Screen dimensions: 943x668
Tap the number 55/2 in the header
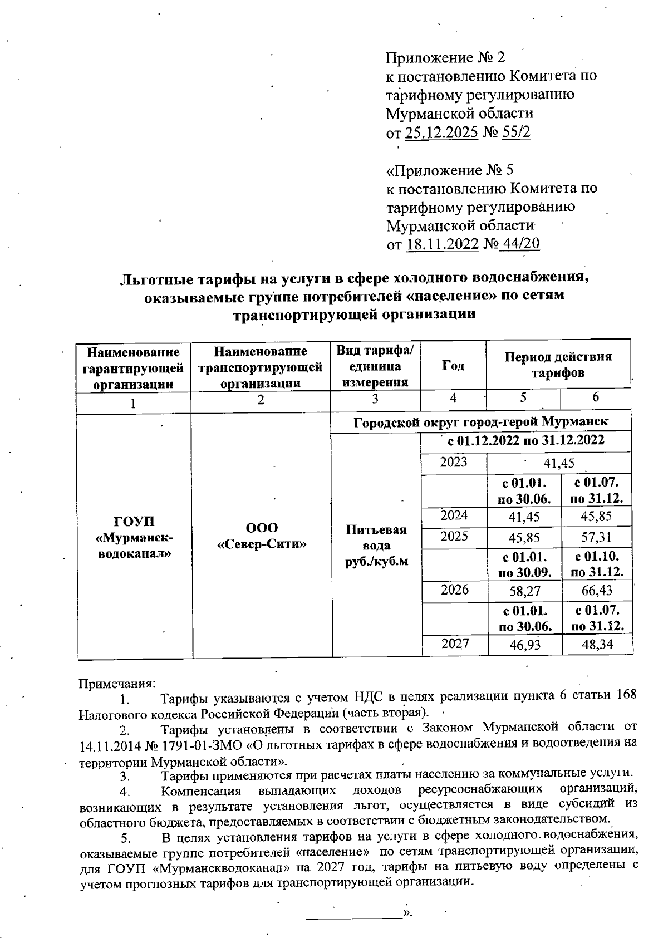coord(517,133)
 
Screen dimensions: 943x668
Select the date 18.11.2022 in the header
coord(443,244)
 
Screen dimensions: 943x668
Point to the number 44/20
coord(520,244)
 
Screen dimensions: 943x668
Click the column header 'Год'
coord(453,366)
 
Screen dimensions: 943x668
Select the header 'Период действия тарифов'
coord(558,365)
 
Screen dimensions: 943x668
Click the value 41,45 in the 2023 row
coord(559,463)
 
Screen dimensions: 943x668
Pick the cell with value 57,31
coord(596,538)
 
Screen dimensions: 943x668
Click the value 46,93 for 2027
coord(524,645)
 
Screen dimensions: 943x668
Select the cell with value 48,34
coord(596,645)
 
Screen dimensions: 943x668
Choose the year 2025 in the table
coord(454,537)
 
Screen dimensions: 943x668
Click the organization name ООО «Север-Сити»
coord(261,536)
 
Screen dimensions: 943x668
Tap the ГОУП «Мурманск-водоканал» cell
coord(134,537)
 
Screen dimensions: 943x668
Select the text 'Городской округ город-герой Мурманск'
coord(480,421)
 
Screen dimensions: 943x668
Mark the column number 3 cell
coord(375,399)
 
